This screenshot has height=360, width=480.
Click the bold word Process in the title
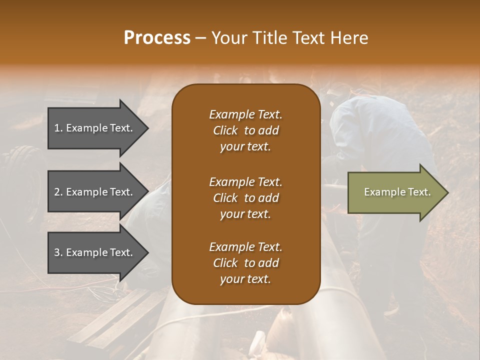(x=157, y=38)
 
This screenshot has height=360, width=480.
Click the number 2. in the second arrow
(x=58, y=192)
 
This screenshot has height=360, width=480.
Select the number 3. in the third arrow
(x=58, y=252)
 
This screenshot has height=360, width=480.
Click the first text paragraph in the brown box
(x=245, y=130)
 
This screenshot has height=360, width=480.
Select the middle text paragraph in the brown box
(x=245, y=198)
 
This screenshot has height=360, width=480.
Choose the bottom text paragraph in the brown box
(x=245, y=263)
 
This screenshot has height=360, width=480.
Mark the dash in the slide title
(x=201, y=38)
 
